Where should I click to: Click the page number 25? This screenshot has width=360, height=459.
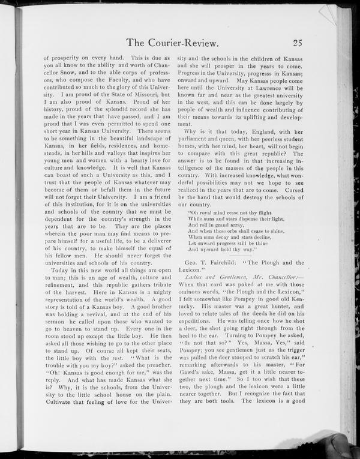coord(298,43)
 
